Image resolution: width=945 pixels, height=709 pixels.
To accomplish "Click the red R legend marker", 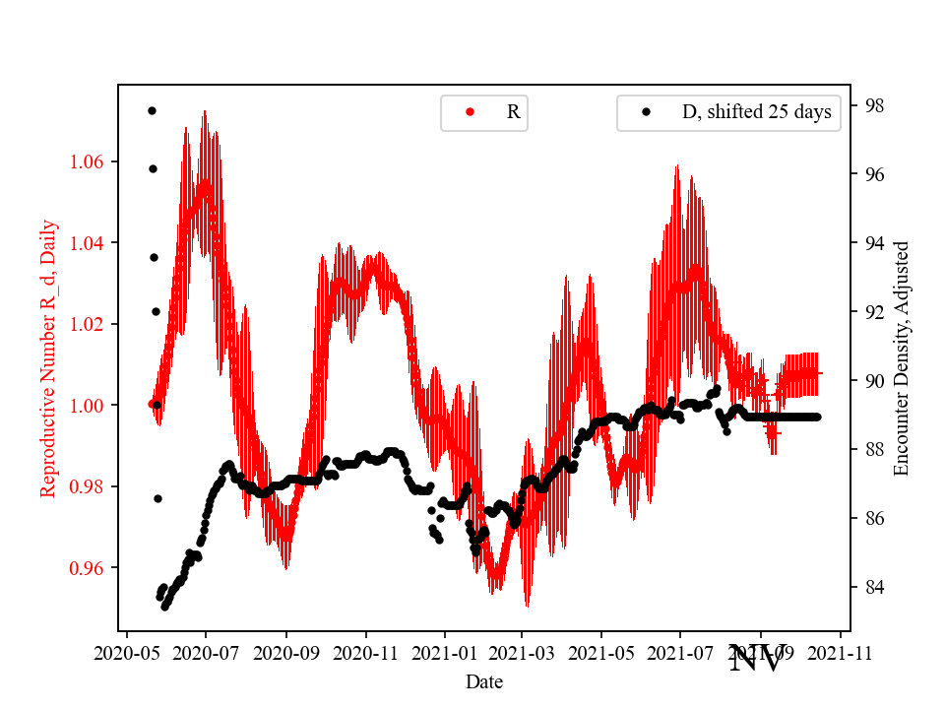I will point(470,112).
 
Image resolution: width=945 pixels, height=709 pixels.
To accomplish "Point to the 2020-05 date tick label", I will point(126,652).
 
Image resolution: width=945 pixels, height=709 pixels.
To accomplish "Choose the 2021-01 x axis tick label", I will point(444,652).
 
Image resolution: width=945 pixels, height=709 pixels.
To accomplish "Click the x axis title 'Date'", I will point(484,680).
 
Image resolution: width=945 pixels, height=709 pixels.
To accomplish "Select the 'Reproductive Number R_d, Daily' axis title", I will point(48,357).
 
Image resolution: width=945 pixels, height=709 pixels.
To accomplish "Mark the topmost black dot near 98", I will point(152,110).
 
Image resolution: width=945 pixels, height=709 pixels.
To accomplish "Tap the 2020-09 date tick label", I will point(285,652).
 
